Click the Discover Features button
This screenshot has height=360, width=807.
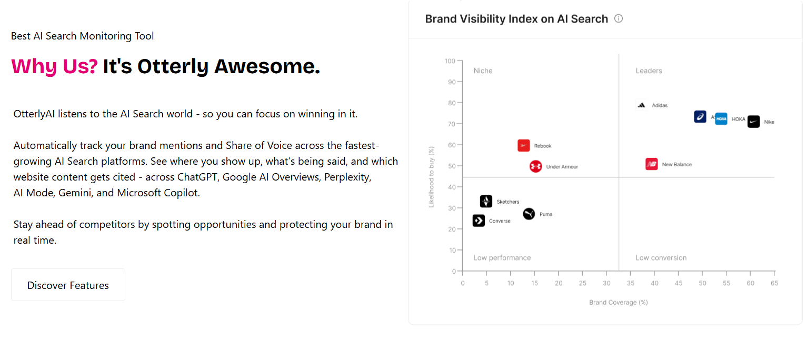click(x=68, y=285)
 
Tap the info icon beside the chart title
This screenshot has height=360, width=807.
click(x=618, y=18)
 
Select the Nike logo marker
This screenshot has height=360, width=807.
click(x=754, y=122)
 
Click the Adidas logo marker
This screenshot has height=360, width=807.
click(x=641, y=105)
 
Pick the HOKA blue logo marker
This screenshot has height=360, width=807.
click(x=721, y=118)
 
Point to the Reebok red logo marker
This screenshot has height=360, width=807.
click(x=523, y=146)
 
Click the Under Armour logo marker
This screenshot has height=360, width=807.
click(x=536, y=166)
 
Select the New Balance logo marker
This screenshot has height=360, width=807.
click(x=651, y=164)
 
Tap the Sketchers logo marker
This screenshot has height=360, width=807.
click(x=486, y=201)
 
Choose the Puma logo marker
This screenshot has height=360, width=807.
click(x=529, y=214)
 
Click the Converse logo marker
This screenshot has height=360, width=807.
click(x=479, y=221)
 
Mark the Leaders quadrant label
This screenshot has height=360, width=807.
click(x=649, y=71)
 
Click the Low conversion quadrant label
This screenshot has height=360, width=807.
click(x=661, y=258)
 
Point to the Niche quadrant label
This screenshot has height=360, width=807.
click(x=483, y=71)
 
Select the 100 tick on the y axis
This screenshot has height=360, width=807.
click(x=450, y=61)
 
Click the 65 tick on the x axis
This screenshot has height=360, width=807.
click(x=774, y=283)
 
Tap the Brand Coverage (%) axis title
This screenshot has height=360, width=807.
click(x=618, y=302)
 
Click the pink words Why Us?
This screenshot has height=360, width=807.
click(x=54, y=66)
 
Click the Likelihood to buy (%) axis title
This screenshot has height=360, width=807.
click(x=431, y=177)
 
